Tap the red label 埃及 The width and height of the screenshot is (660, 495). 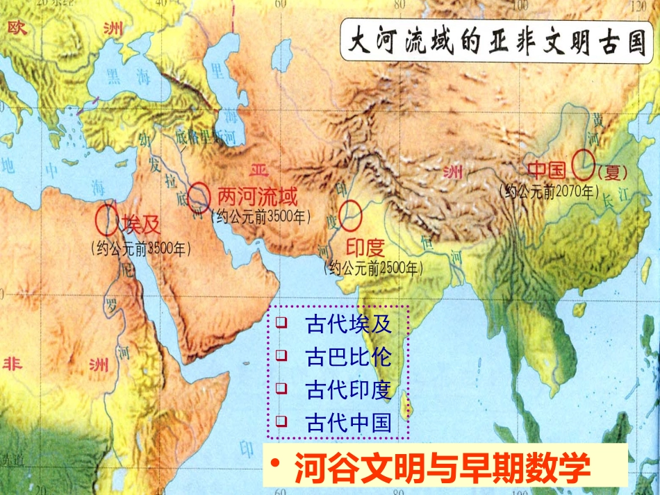pyautogui.click(x=141, y=224)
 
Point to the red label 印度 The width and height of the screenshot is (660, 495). pyautogui.click(x=365, y=247)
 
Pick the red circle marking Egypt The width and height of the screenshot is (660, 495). pyautogui.click(x=106, y=219)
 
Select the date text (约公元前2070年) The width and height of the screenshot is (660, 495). pyautogui.click(x=549, y=190)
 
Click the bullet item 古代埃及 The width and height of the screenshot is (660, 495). pyautogui.click(x=348, y=324)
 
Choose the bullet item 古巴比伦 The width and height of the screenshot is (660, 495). pyautogui.click(x=348, y=357)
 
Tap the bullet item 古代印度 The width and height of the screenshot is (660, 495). pyautogui.click(x=348, y=389)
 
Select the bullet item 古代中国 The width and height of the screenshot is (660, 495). pyautogui.click(x=348, y=422)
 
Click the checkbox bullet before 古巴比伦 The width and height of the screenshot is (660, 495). pyautogui.click(x=281, y=356)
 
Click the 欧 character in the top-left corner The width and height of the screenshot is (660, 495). pyautogui.click(x=15, y=28)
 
